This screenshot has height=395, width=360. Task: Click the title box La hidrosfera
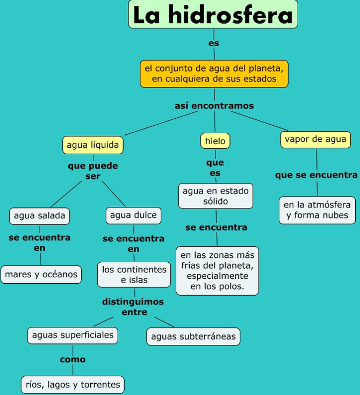[213, 15]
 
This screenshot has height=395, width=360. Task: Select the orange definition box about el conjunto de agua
[214, 74]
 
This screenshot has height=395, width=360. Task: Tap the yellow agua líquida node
[92, 145]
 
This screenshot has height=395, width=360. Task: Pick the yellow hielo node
[215, 141]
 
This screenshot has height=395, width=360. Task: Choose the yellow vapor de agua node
[315, 140]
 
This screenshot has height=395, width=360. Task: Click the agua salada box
[39, 216]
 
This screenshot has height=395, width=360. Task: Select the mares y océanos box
[41, 275]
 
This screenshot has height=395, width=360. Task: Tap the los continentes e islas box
[134, 275]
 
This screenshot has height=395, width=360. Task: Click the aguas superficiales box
[73, 335]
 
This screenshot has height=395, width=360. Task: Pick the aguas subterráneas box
[193, 337]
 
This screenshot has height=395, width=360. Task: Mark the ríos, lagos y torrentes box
[73, 385]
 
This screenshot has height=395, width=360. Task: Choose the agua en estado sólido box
[216, 196]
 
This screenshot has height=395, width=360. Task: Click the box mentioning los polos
[217, 270]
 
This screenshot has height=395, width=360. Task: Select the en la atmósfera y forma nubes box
[317, 210]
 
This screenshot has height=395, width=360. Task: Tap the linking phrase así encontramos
[214, 106]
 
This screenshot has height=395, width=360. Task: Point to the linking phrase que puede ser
[93, 171]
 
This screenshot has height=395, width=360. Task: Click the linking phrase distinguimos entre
[133, 307]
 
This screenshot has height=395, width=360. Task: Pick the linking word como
[73, 360]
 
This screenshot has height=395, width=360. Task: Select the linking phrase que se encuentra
[316, 175]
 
